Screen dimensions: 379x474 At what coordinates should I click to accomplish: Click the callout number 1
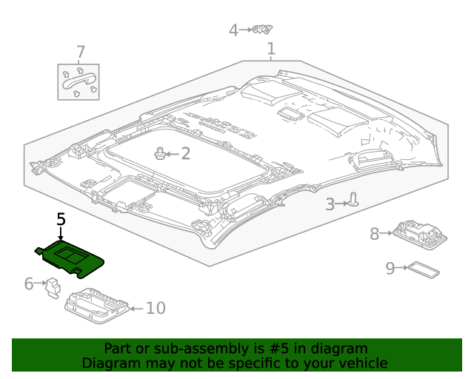[271, 50]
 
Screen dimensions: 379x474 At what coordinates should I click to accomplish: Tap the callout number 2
[185, 154]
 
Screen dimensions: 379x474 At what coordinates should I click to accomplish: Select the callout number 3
[330, 204]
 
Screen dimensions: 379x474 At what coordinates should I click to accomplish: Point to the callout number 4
[233, 30]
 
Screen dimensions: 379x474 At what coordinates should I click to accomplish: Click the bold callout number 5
[61, 219]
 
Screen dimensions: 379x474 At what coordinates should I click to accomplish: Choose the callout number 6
[29, 284]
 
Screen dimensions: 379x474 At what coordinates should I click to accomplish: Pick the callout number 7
[80, 53]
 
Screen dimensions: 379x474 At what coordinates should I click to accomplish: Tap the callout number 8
[375, 234]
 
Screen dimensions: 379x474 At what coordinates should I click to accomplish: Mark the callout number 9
[390, 268]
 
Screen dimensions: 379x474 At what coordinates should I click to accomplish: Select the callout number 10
[156, 308]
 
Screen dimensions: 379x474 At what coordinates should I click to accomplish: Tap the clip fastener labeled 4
[262, 30]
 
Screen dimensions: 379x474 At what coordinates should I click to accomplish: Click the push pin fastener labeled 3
[355, 199]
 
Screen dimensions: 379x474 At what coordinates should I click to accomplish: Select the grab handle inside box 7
[79, 81]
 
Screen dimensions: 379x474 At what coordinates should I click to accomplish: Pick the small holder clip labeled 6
[53, 286]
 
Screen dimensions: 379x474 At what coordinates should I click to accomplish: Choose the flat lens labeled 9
[423, 269]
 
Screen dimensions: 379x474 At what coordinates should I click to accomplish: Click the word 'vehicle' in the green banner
[361, 363]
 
